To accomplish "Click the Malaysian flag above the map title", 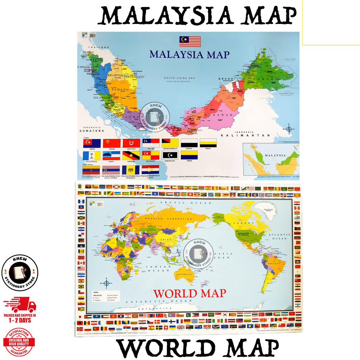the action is tap(190, 41).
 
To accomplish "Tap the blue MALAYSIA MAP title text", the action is tap(189, 54).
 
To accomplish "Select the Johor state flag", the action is tap(92, 143).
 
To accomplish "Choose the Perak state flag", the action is tap(208, 143).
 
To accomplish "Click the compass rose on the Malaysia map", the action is tap(289, 129).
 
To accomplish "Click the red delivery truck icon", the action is tap(20, 304).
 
